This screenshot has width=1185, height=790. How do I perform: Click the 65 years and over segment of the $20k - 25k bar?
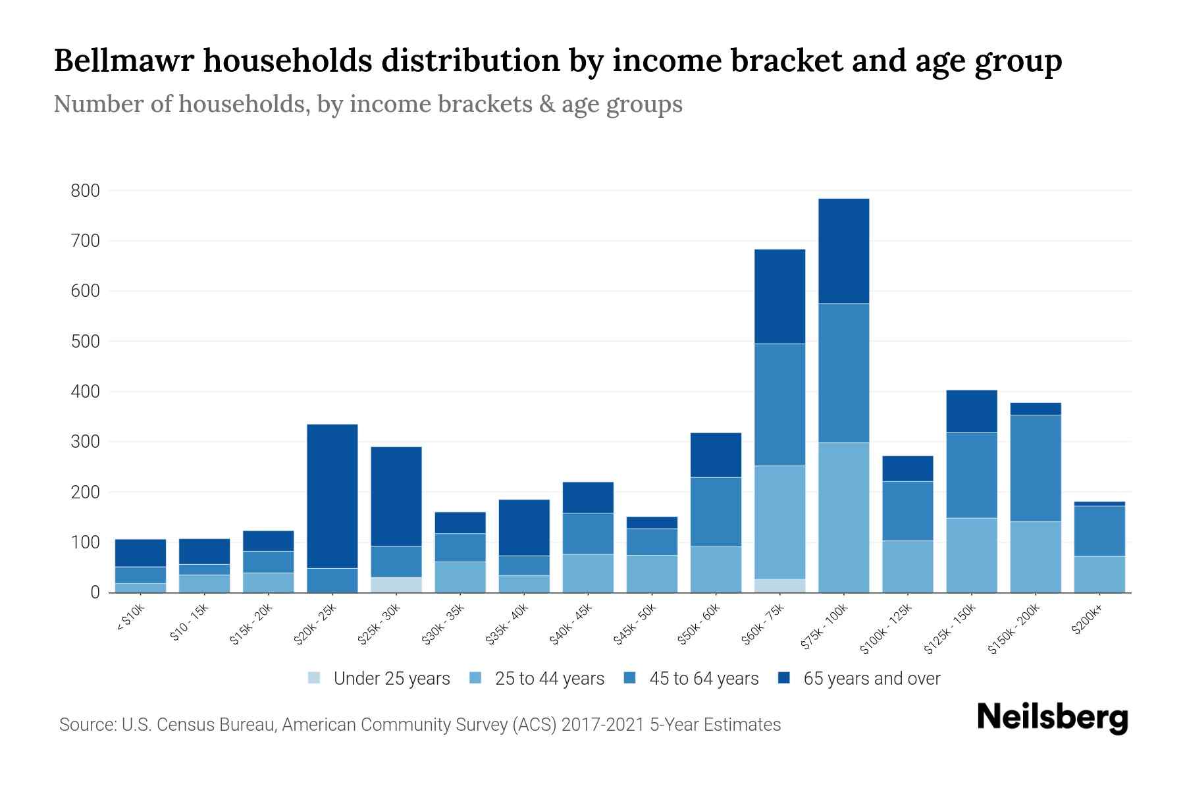332,496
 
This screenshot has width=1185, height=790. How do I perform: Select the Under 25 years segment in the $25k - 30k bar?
396,585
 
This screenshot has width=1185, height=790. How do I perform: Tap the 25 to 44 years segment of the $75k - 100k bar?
843,517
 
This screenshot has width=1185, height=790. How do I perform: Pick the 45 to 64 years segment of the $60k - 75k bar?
779,404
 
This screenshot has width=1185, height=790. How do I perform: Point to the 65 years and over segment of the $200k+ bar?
1099,504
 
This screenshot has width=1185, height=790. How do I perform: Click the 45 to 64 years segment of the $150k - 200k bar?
1036,468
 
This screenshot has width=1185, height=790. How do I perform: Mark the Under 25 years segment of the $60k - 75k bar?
779,585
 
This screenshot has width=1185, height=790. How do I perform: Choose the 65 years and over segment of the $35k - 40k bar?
524,527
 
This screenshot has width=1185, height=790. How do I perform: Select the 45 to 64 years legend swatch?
630,678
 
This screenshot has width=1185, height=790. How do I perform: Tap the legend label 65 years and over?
872,679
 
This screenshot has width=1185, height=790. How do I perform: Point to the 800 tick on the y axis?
85,191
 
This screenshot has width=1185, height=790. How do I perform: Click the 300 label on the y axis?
85,442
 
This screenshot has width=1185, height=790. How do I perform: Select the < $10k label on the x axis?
130,618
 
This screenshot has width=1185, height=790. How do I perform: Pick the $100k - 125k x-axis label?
886,628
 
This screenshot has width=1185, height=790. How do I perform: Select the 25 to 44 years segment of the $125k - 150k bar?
972,555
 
